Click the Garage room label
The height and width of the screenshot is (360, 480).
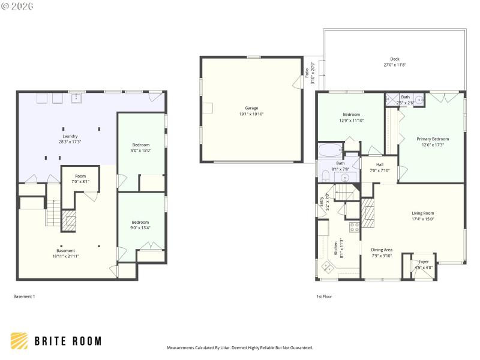coord(251,108)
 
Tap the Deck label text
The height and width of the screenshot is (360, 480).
coord(394,59)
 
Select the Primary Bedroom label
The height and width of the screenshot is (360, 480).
coord(433,139)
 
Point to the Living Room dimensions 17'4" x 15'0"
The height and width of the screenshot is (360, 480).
coord(422,219)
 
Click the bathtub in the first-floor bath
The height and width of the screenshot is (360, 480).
coord(329,149)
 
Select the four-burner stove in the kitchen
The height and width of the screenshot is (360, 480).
coord(354,227)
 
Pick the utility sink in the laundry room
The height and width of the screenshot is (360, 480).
coord(76,98)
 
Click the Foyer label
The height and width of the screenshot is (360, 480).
coord(424,261)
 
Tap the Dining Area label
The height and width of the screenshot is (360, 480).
coord(382,250)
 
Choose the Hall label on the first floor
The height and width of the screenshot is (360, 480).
coord(380,164)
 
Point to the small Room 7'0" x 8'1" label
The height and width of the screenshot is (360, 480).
coord(80,176)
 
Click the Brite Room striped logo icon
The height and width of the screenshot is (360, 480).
coord(19,341)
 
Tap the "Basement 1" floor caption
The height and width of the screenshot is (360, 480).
coord(25,296)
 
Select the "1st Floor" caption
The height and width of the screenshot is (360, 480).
coord(324,296)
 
